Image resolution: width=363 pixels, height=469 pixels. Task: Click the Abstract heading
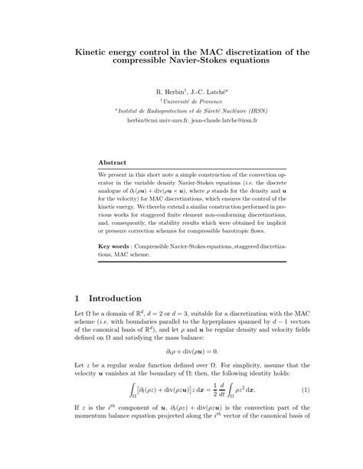tap(114, 163)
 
